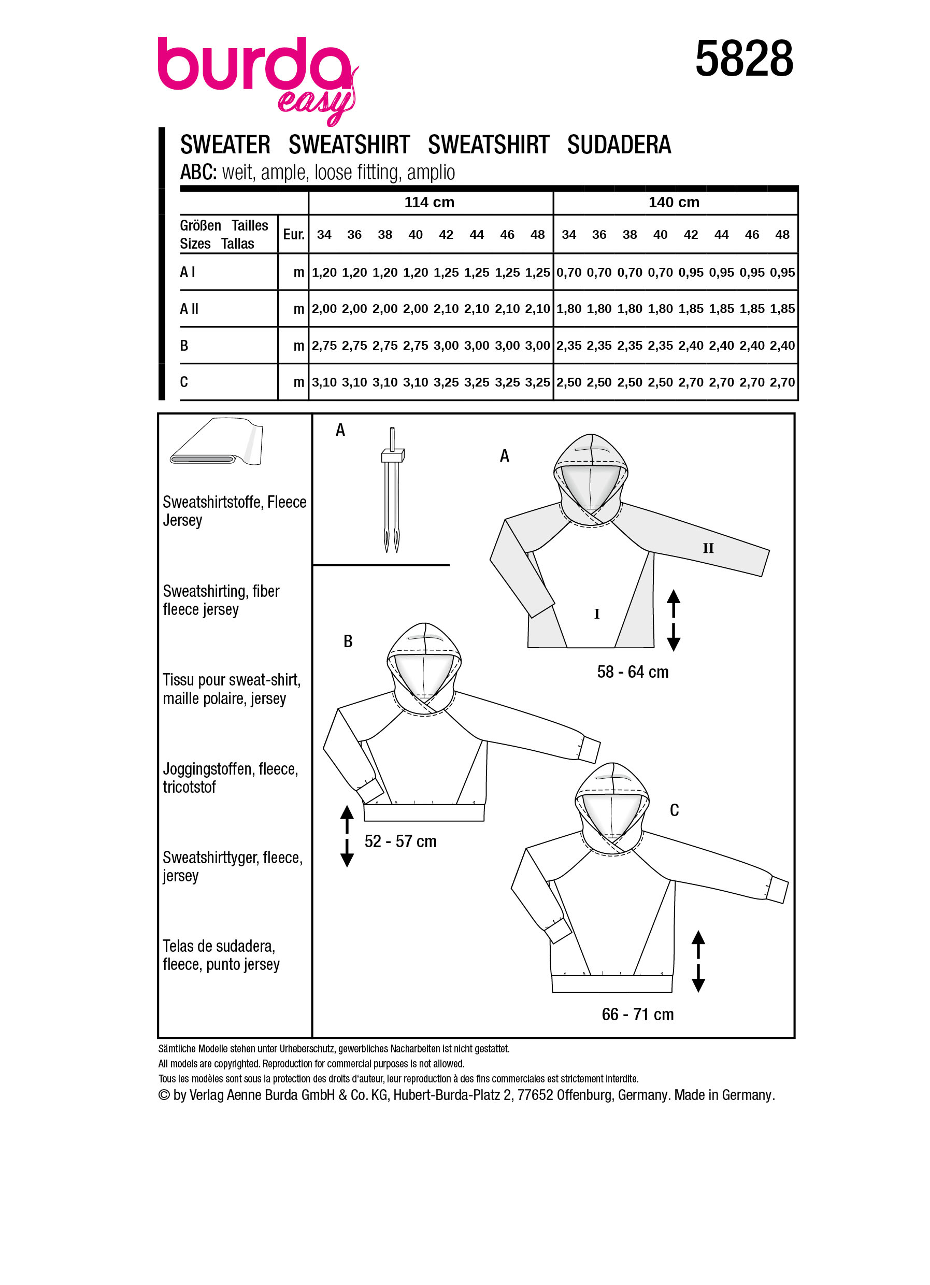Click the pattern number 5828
pyautogui.click(x=743, y=59)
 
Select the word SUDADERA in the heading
pyautogui.click(x=619, y=145)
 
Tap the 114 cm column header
pyautogui.click(x=429, y=202)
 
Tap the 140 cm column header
pyautogui.click(x=674, y=202)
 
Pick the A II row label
pyautogui.click(x=189, y=309)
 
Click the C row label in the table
pyautogui.click(x=184, y=382)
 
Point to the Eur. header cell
pyautogui.click(x=293, y=235)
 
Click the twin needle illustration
pyautogui.click(x=392, y=491)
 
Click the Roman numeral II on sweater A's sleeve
pyautogui.click(x=708, y=548)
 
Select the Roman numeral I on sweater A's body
pyautogui.click(x=596, y=614)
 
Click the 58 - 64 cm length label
pyautogui.click(x=633, y=672)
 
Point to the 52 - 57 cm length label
pyautogui.click(x=400, y=841)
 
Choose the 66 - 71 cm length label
pyautogui.click(x=638, y=1014)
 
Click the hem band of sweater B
pyautogui.click(x=424, y=812)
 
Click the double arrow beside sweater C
pyautogui.click(x=698, y=962)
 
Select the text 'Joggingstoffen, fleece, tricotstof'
pyautogui.click(x=230, y=778)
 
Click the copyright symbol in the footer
pyautogui.click(x=164, y=1095)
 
